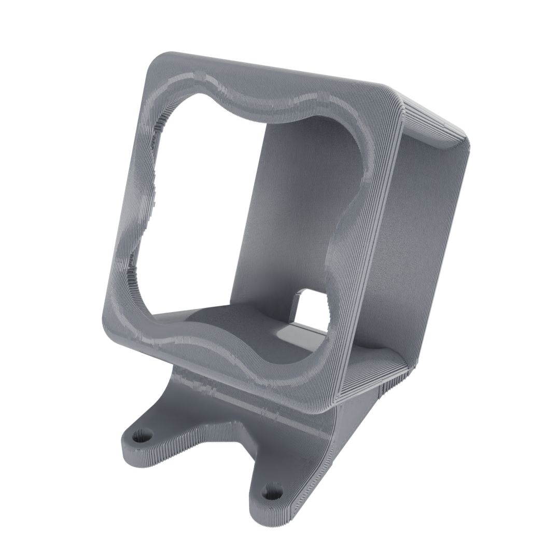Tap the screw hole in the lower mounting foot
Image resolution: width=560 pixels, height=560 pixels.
pyautogui.click(x=270, y=491)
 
